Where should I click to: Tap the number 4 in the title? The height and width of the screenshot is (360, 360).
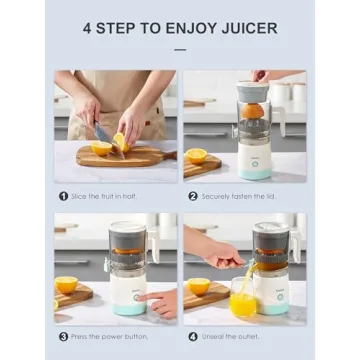tap(89, 27)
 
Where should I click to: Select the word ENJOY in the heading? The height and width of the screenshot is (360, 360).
tap(194, 27)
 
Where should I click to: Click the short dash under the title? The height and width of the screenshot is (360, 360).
tap(180, 48)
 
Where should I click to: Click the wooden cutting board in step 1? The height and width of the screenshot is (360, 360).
tap(120, 156)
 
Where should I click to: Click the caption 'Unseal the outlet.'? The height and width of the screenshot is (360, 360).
tap(227, 337)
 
